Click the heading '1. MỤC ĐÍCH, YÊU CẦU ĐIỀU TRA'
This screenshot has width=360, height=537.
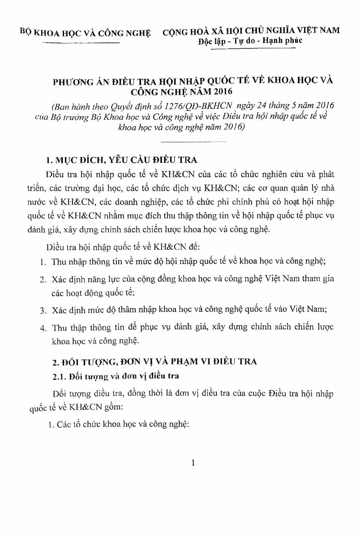pos(124,160)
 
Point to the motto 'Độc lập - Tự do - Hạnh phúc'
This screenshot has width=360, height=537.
pos(250,41)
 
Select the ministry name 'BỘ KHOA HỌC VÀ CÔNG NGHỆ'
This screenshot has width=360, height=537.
pos(86,31)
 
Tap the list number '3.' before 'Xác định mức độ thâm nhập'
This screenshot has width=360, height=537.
pos(43,310)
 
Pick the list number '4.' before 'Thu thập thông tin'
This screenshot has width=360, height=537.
pos(43,327)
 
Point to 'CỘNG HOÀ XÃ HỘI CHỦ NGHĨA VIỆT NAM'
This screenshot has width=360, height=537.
pos(251,30)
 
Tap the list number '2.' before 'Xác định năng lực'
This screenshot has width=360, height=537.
pos(43,280)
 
